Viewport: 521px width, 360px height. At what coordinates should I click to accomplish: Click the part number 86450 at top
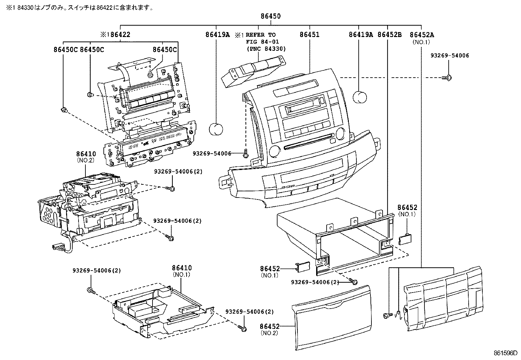271,16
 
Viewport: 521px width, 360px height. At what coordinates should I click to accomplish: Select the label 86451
309,34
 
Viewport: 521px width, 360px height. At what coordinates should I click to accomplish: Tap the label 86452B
389,34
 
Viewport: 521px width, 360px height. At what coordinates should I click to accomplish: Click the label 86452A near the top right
422,34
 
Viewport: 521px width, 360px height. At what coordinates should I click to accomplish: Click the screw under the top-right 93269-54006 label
447,78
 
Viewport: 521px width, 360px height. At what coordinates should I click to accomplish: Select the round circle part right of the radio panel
360,97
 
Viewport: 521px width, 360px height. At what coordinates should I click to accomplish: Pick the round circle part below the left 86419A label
216,129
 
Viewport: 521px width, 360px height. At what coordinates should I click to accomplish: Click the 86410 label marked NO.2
86,154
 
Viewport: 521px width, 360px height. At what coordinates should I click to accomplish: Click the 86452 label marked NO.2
270,327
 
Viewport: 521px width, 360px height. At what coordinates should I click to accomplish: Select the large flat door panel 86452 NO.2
331,318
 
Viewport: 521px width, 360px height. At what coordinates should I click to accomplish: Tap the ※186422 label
115,34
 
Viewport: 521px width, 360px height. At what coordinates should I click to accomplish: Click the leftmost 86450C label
66,49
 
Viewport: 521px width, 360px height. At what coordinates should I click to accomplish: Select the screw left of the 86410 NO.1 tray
91,290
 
